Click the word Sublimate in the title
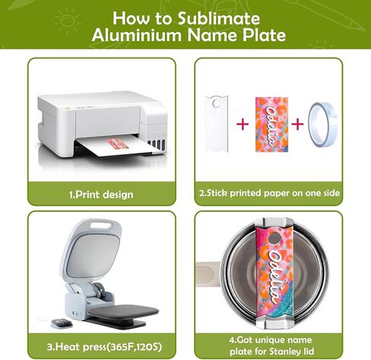tap(219, 18)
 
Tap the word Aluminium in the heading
tap(137, 35)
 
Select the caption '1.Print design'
tap(101, 194)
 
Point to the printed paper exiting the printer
tap(118, 146)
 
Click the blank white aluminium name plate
tap(217, 124)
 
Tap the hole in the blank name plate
tap(216, 103)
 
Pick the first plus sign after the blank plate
tap(243, 124)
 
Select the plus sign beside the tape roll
tap(297, 124)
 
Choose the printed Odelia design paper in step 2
tap(271, 124)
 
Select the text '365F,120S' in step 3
tap(135, 346)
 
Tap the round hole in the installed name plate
tap(274, 238)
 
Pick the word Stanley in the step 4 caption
tap(284, 352)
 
